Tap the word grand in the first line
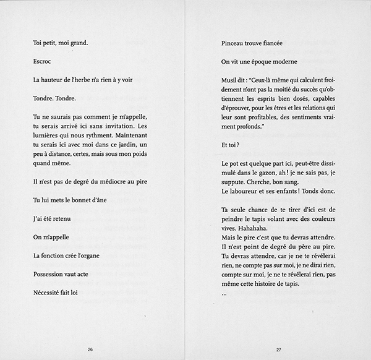coord(79,43)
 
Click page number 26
coord(90,349)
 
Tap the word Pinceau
coord(234,43)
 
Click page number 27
coord(278,349)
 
